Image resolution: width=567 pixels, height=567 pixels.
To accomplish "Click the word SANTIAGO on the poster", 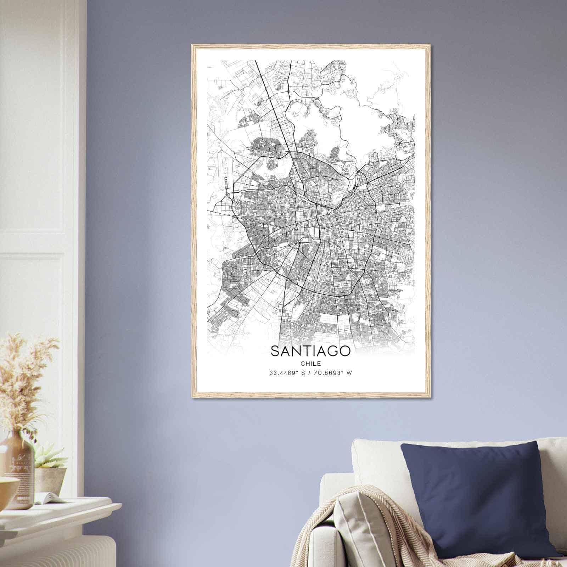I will [310, 351].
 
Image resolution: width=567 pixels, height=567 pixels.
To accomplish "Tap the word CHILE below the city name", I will [310, 364].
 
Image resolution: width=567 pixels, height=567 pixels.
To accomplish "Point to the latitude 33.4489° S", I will [287, 373].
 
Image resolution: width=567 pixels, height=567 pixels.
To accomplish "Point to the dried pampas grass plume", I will [25, 376].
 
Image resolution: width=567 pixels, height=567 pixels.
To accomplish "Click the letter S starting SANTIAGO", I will [275, 351].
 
